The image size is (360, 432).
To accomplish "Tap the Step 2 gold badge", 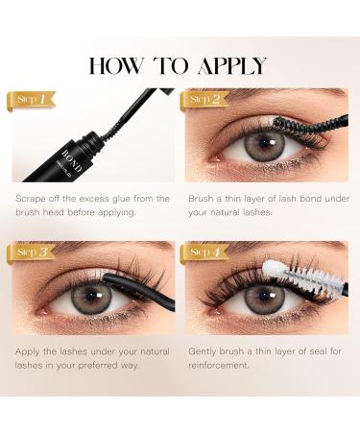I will pyautogui.click(x=204, y=99).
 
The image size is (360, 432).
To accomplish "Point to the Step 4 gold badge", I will pyautogui.click(x=204, y=252).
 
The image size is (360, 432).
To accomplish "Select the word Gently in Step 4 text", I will pyautogui.click(x=203, y=352).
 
